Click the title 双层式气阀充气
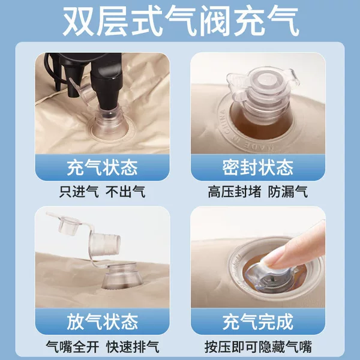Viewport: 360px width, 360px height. tap(181, 22)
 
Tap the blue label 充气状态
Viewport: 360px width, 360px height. tap(102, 167)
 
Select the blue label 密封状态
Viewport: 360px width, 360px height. tap(258, 167)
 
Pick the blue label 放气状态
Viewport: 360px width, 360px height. tap(102, 322)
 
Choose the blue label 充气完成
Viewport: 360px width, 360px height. tap(258, 322)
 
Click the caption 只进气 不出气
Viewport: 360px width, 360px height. tap(102, 192)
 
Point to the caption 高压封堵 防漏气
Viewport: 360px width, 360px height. tap(257, 192)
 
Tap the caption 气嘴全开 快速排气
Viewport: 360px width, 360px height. tap(102, 346)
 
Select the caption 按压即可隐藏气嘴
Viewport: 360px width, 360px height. tap(258, 346)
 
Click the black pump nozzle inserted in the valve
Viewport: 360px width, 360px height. tap(106, 87)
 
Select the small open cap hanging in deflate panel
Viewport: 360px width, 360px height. tap(67, 224)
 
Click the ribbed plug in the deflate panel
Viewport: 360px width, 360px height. tap(104, 244)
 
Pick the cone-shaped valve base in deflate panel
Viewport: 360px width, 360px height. tap(121, 277)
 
